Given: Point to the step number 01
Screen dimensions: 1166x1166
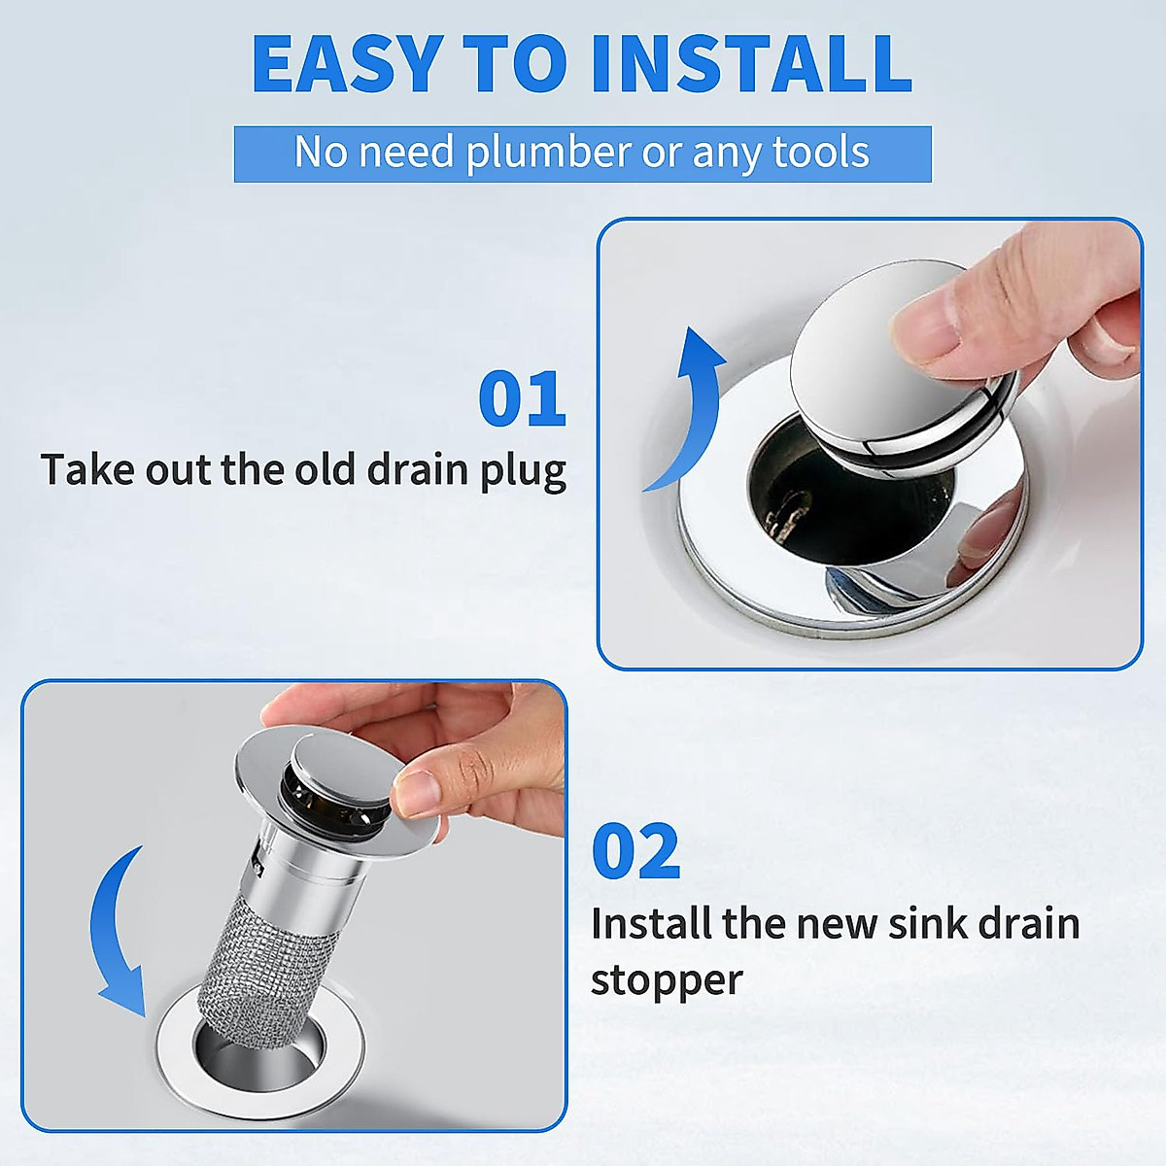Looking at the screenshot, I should (522, 399).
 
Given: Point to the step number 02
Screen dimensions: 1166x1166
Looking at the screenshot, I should (635, 851).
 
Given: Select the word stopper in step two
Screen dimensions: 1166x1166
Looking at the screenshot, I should (666, 979).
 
